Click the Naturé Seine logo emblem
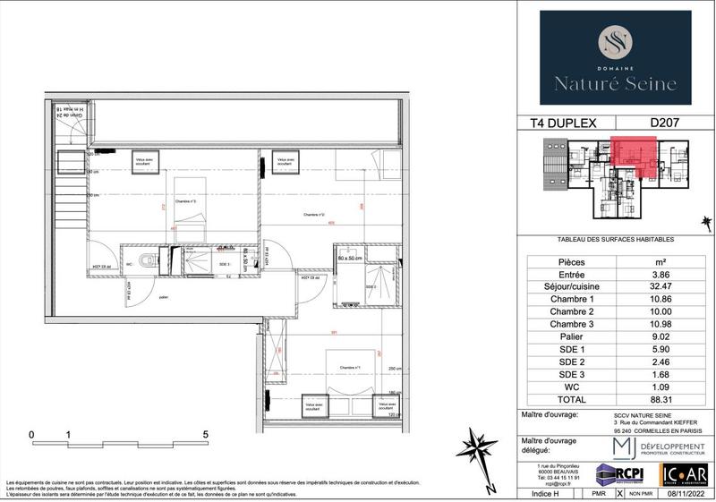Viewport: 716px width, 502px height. click(615, 43)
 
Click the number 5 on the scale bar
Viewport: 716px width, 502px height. click(206, 435)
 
